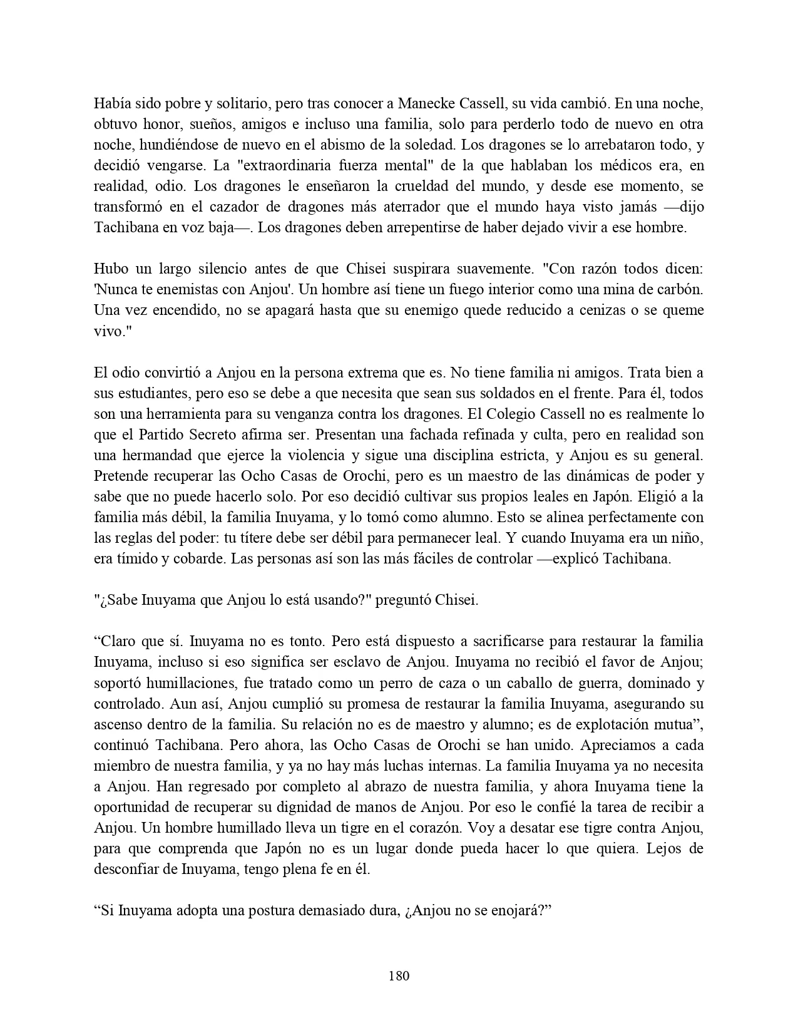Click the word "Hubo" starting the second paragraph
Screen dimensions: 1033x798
coord(110,269)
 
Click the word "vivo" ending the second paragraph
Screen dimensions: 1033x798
coord(106,331)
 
